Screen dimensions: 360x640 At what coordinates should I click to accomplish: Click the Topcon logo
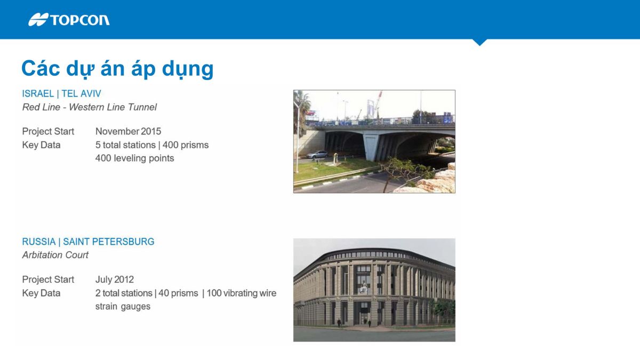pyautogui.click(x=69, y=20)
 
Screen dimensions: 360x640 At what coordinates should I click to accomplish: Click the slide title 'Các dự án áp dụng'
pyautogui.click(x=117, y=69)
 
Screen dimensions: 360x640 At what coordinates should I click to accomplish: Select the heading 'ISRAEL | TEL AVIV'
pyautogui.click(x=61, y=93)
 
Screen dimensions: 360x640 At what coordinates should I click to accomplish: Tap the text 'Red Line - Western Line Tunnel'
pyautogui.click(x=89, y=107)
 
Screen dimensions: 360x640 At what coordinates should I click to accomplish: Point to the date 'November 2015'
pyautogui.click(x=128, y=131)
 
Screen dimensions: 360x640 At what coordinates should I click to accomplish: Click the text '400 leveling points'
pyautogui.click(x=134, y=158)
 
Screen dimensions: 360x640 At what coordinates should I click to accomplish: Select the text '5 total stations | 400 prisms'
pyautogui.click(x=151, y=145)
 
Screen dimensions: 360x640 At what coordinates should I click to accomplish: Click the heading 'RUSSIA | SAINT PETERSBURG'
pyautogui.click(x=88, y=242)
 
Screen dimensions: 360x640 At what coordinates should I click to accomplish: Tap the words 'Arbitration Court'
pyautogui.click(x=55, y=255)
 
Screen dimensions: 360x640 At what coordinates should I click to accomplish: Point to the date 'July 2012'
pyautogui.click(x=114, y=279)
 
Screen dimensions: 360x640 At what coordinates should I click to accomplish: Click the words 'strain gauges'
pyautogui.click(x=123, y=306)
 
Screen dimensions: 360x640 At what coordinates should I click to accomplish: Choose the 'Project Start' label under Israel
pyautogui.click(x=48, y=131)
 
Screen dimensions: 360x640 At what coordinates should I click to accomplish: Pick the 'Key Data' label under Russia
pyautogui.click(x=41, y=293)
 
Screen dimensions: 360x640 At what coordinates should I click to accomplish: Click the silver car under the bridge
pyautogui.click(x=317, y=154)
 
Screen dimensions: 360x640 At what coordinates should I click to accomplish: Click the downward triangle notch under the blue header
pyautogui.click(x=479, y=42)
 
